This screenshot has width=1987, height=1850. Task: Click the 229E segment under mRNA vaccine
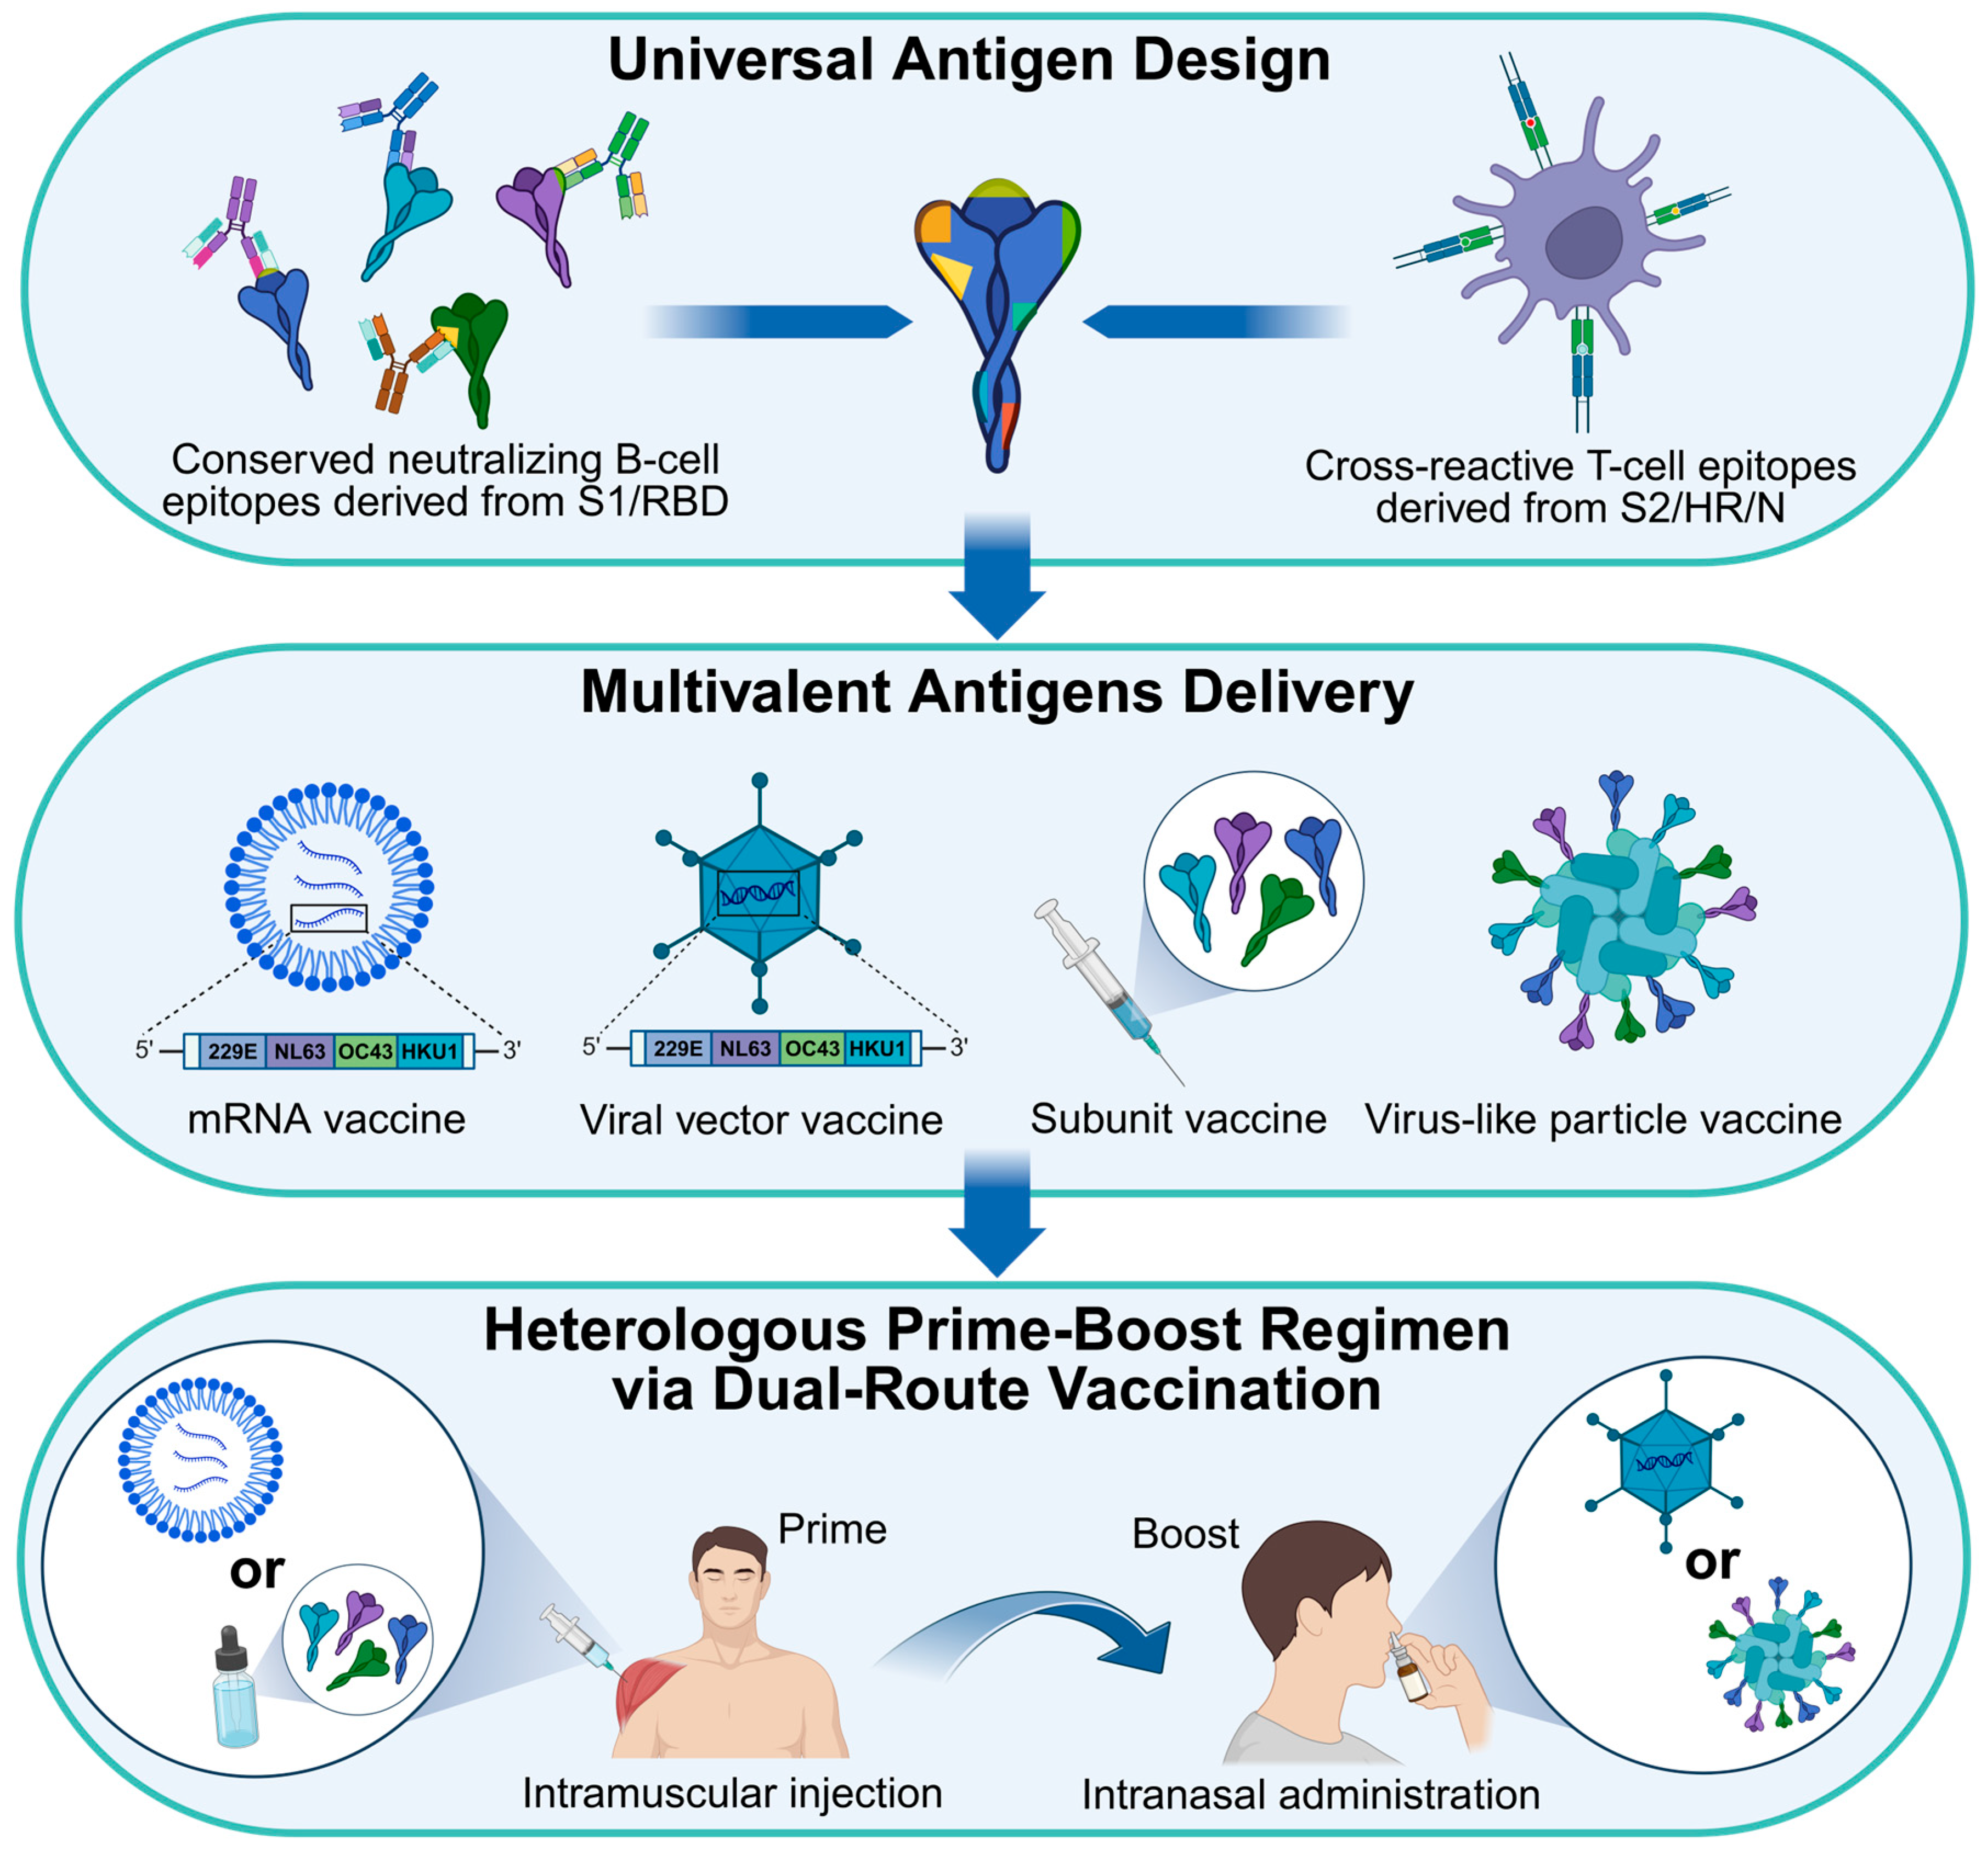click(x=232, y=1052)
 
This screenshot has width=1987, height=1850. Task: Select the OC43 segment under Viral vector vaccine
click(x=812, y=1048)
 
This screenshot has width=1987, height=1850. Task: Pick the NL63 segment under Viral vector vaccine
click(x=746, y=1048)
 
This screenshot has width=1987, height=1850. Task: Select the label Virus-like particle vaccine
click(x=1602, y=1120)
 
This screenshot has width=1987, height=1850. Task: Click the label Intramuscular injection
click(x=732, y=1793)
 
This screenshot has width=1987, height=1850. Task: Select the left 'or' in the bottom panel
click(x=257, y=1570)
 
